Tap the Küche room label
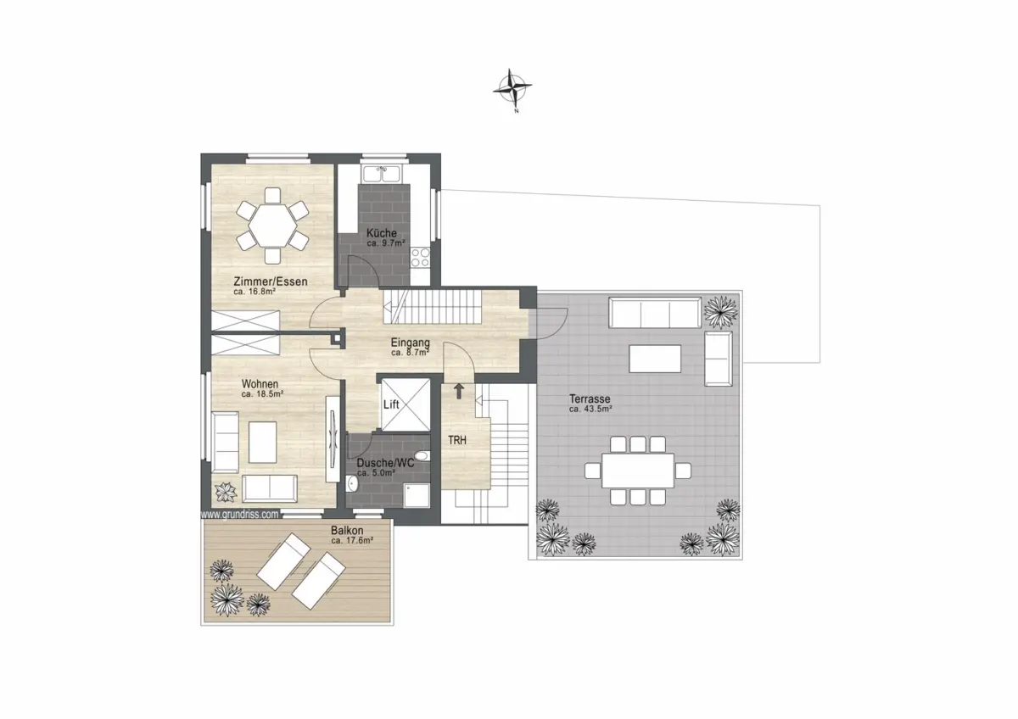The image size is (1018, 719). pos(382,233)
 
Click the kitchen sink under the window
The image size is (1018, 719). pos(381,174)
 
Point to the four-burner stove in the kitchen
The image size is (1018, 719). pos(420,258)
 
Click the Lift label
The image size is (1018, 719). pos(391,404)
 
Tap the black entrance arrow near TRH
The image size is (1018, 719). pos(459,391)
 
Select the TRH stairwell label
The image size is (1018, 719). pos(457,440)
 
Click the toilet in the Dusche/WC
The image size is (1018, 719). pos(422,455)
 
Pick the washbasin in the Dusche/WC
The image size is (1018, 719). pos(352,484)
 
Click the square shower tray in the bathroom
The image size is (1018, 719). pos(417,495)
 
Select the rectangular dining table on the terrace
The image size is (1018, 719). pos(638,471)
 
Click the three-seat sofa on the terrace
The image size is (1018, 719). pos(655,313)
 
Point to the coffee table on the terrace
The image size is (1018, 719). pos(655,359)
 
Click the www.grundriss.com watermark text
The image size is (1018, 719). pos(239,514)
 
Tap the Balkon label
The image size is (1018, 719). pos(347,530)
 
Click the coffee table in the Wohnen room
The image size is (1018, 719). pos(263,443)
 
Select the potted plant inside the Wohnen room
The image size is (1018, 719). pos(226,492)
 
